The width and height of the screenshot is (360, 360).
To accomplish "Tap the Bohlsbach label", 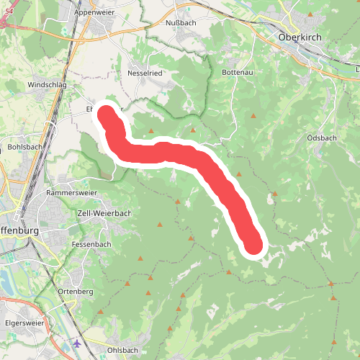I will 25,147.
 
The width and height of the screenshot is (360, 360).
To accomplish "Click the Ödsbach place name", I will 321,138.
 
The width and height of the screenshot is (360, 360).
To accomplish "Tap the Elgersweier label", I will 24,323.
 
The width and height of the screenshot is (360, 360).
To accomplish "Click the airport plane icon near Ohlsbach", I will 77,343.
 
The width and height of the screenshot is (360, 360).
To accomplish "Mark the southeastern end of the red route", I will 254,244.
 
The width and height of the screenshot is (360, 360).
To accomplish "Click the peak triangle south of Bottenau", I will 253,115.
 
